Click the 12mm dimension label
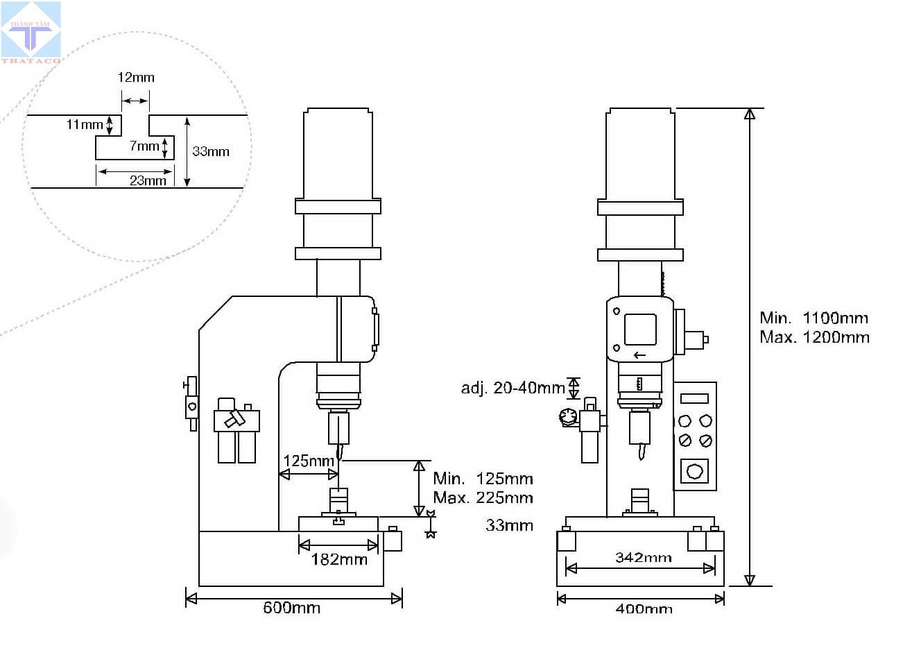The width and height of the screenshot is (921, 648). pyautogui.click(x=136, y=77)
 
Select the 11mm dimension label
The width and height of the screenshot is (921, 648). pyautogui.click(x=85, y=124)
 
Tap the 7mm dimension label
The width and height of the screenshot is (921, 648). pyautogui.click(x=144, y=146)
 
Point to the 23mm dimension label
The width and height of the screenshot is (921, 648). pyautogui.click(x=148, y=180)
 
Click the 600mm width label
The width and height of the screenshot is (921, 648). pyautogui.click(x=291, y=608)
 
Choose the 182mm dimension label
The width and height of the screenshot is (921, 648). pyautogui.click(x=339, y=560)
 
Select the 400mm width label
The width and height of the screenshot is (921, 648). pyautogui.click(x=644, y=608)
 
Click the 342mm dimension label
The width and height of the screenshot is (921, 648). pyautogui.click(x=644, y=558)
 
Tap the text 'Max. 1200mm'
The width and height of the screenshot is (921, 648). pyautogui.click(x=814, y=337)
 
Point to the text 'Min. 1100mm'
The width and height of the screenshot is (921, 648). pyautogui.click(x=814, y=318)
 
